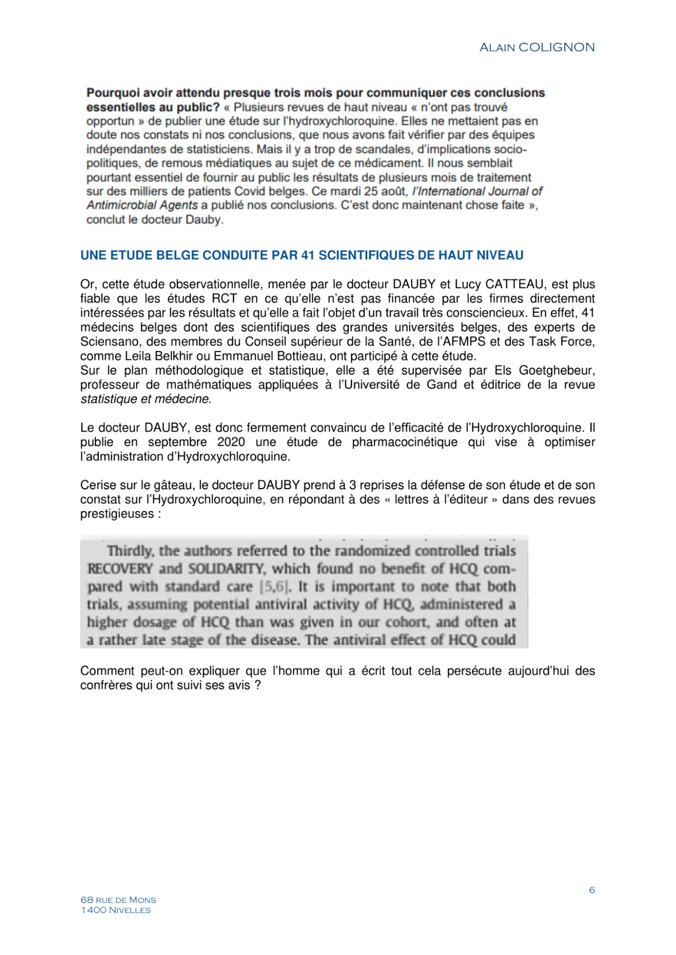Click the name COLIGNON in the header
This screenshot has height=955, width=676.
click(x=556, y=47)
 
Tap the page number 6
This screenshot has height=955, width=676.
click(x=592, y=890)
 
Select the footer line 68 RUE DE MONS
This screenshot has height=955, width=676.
click(x=118, y=900)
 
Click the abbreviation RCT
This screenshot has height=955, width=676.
click(x=224, y=299)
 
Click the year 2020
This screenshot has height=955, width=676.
click(x=231, y=442)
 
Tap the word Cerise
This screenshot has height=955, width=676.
click(x=98, y=485)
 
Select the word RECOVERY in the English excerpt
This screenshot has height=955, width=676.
click(x=120, y=569)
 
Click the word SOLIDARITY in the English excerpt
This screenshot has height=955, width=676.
click(x=226, y=569)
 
